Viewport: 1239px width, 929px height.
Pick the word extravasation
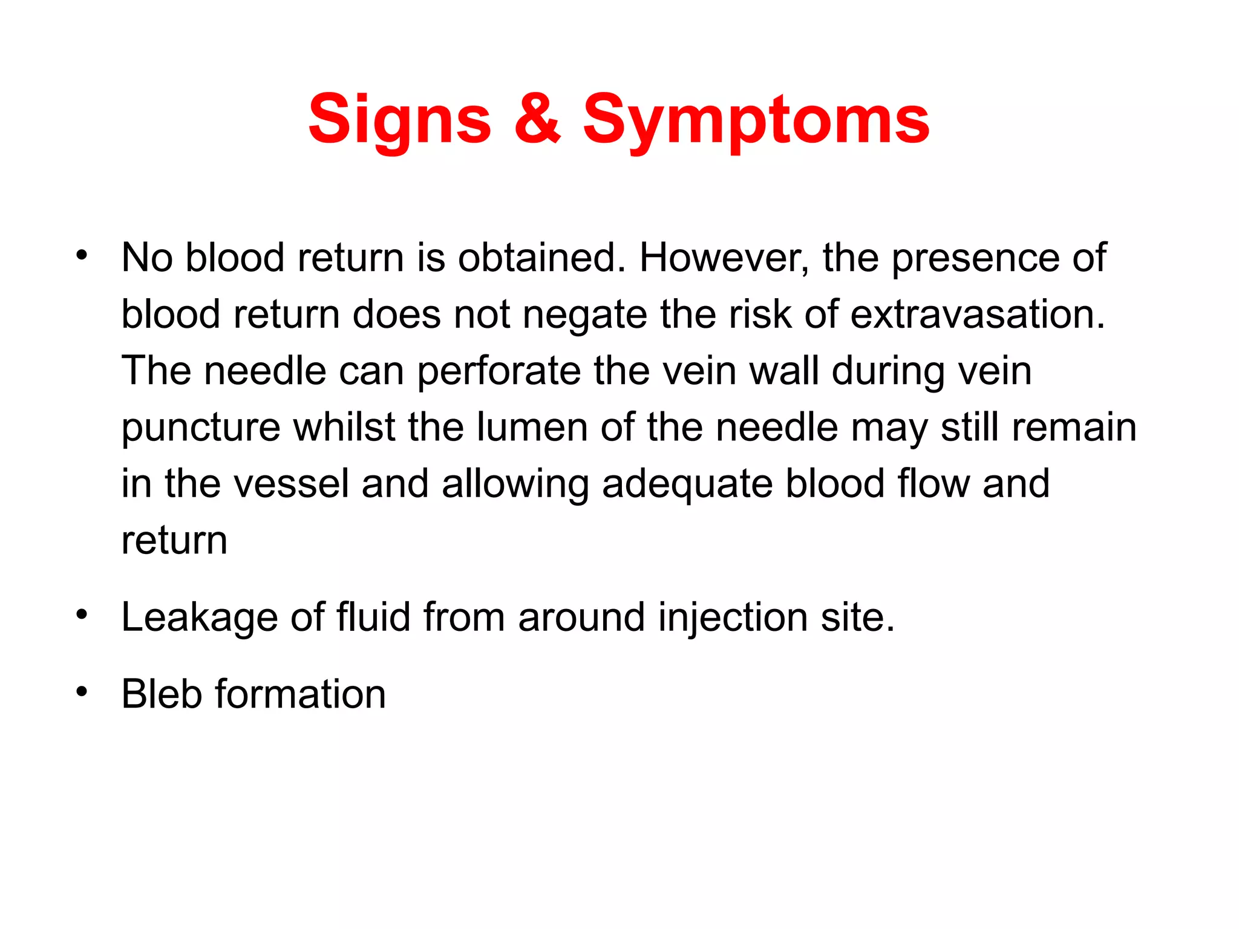click(978, 315)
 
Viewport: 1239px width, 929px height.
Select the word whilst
click(344, 428)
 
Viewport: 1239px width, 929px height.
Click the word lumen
click(532, 428)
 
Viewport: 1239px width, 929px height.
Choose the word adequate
click(687, 484)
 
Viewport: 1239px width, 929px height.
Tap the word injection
click(733, 618)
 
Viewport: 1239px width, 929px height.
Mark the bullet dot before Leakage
click(82, 614)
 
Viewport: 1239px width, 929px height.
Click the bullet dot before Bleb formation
click(82, 691)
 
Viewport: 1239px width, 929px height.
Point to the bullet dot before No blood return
click(82, 255)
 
